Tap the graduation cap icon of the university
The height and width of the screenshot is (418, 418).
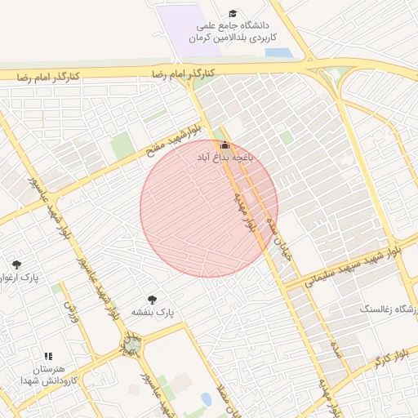click(x=233, y=13)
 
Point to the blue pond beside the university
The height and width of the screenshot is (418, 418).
click(x=278, y=53)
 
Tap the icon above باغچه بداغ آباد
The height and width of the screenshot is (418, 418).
click(x=225, y=145)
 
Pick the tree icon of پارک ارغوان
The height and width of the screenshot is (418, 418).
click(x=16, y=264)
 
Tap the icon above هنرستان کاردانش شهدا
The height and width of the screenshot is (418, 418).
click(x=48, y=357)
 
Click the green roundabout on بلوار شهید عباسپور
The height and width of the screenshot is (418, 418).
click(x=131, y=346)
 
